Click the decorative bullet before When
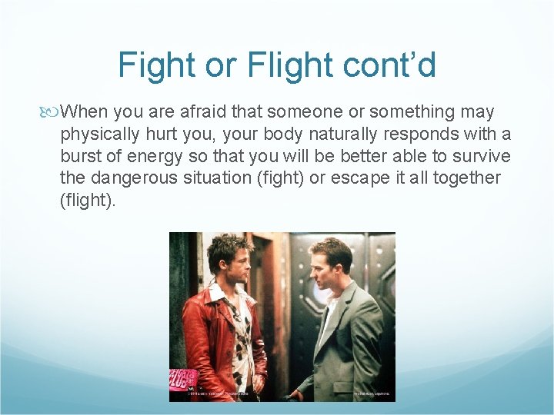[x=51, y=112]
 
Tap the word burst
[x=81, y=156]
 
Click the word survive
[x=482, y=156]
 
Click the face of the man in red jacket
[x=229, y=261]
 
